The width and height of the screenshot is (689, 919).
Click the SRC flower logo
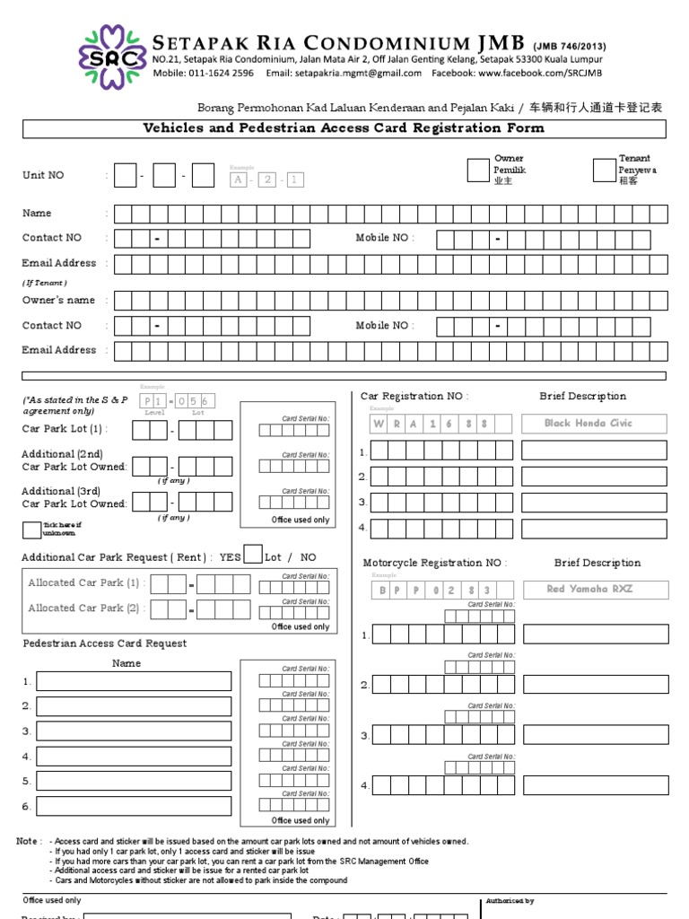tap(111, 57)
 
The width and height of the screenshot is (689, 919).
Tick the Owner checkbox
tap(478, 171)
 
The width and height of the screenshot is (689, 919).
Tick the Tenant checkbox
tap(603, 171)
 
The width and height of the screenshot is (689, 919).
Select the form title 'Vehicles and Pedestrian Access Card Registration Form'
tap(344, 128)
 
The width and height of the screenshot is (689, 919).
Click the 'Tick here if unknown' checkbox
tap(31, 529)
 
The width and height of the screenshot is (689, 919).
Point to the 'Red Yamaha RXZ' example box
tap(595, 590)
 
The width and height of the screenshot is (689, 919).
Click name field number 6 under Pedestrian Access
tap(134, 806)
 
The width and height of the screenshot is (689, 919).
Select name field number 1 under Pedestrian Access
tap(134, 681)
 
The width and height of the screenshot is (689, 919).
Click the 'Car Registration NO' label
tap(414, 396)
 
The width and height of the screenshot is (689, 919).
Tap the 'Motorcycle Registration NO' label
tap(434, 563)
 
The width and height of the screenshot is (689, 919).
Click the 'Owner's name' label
tap(58, 301)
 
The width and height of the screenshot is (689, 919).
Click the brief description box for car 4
tap(594, 528)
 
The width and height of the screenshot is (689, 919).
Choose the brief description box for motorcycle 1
tap(596, 635)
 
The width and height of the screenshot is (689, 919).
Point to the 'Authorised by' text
tap(510, 900)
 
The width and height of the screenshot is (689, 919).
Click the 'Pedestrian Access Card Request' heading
tap(104, 643)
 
